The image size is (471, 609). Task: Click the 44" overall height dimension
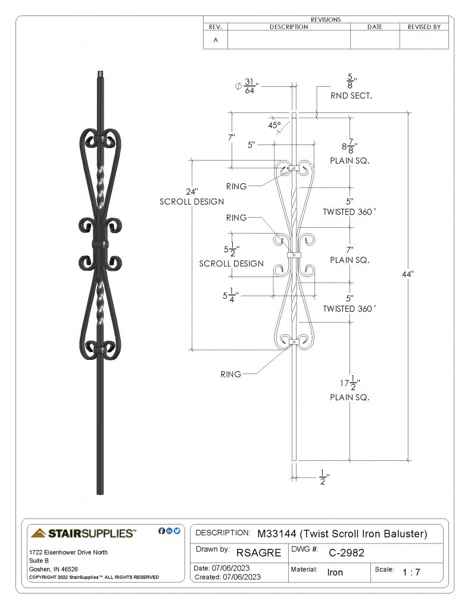[x=407, y=274]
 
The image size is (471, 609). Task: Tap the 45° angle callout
[x=274, y=125]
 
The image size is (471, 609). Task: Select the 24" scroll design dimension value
[x=192, y=192]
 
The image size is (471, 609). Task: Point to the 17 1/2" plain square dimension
[x=350, y=383]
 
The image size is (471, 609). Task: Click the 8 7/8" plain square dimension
[x=350, y=146]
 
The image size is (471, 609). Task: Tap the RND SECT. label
[x=351, y=96]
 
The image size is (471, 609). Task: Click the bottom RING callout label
[x=230, y=374]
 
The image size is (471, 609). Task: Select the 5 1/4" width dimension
[x=230, y=295]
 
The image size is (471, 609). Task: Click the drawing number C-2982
[x=346, y=553]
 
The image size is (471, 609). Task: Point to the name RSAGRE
[x=258, y=553]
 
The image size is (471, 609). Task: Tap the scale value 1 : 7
[x=411, y=572]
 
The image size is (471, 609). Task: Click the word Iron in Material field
[x=335, y=572]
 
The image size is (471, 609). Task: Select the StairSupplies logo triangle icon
[x=39, y=533]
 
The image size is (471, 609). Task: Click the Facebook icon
[x=161, y=530]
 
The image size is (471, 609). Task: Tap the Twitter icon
[x=177, y=530]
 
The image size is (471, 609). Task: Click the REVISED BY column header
[x=424, y=27]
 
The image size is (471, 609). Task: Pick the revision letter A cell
[x=216, y=40]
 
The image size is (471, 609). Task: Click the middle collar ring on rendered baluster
[x=101, y=244]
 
